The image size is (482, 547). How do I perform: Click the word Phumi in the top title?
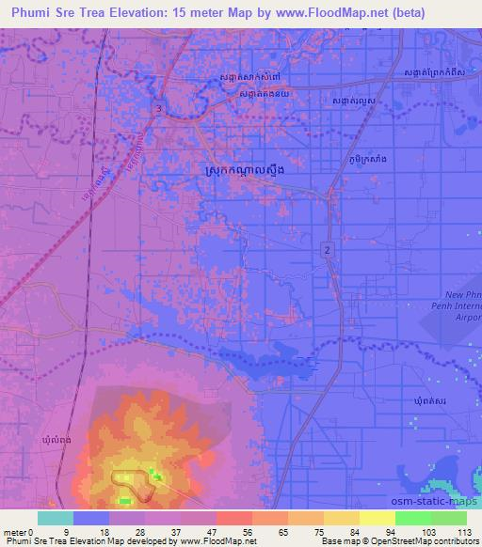click(x=29, y=13)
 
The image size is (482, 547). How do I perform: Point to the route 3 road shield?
click(x=159, y=110)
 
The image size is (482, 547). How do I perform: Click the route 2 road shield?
click(x=327, y=248)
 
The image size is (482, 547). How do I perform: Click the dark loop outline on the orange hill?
click(x=136, y=481)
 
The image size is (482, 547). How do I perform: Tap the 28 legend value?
click(x=141, y=532)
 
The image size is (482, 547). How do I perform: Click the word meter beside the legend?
click(x=15, y=532)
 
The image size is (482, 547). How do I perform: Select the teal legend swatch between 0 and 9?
click(x=56, y=518)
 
